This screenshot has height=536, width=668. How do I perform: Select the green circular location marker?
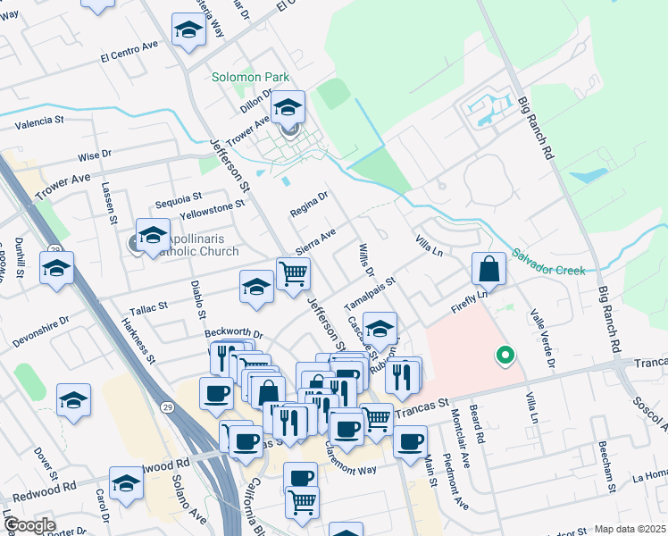[x=505, y=356]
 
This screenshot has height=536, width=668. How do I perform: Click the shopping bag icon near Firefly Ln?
[x=489, y=268]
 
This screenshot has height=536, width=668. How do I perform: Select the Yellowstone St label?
[x=212, y=206]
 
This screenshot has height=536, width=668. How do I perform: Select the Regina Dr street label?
[x=309, y=205]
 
